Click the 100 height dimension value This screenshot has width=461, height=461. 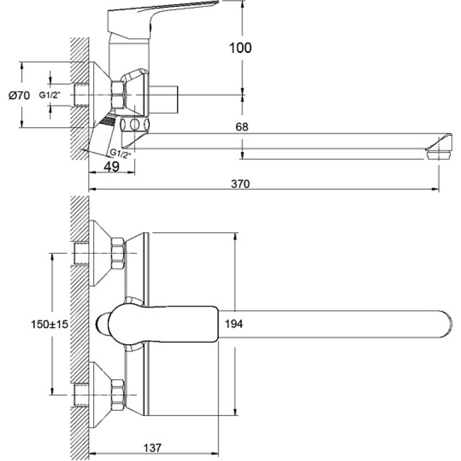(x=240, y=48)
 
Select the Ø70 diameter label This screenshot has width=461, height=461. (x=19, y=96)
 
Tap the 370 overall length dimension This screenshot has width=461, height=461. (x=240, y=184)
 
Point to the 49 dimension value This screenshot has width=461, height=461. (x=112, y=167)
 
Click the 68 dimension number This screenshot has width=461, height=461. (x=241, y=127)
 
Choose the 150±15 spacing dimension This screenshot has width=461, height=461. (x=50, y=324)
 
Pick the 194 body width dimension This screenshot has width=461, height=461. (x=234, y=324)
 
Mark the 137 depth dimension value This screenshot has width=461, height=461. (x=152, y=448)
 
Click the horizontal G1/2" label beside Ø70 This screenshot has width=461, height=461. (x=50, y=95)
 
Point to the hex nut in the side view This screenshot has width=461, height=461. (x=118, y=95)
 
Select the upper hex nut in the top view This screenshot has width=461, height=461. (x=118, y=254)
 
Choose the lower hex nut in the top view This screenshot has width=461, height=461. (x=118, y=395)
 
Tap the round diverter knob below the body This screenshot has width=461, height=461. (x=134, y=124)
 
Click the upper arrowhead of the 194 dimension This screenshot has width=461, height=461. (x=235, y=236)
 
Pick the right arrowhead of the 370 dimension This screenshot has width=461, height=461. (x=435, y=190)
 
